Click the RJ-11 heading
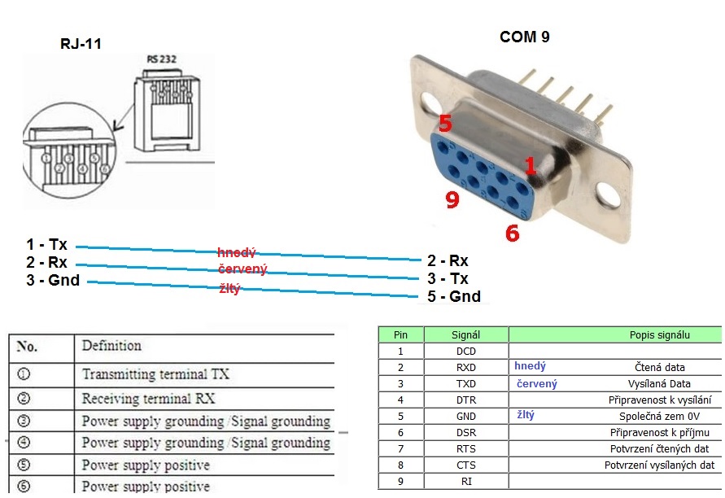[81, 44]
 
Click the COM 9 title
[525, 37]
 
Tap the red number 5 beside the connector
[445, 124]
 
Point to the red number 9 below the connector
[452, 199]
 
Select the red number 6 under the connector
[512, 234]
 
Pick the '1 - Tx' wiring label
[47, 245]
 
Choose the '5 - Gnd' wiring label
[453, 297]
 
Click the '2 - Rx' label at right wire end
[448, 261]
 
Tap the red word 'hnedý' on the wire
[236, 253]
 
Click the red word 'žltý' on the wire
[230, 288]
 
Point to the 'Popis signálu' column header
[659, 334]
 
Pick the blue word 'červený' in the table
[537, 383]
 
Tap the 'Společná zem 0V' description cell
[659, 416]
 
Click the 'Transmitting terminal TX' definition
[155, 374]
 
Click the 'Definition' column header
[111, 346]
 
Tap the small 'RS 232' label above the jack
[162, 59]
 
